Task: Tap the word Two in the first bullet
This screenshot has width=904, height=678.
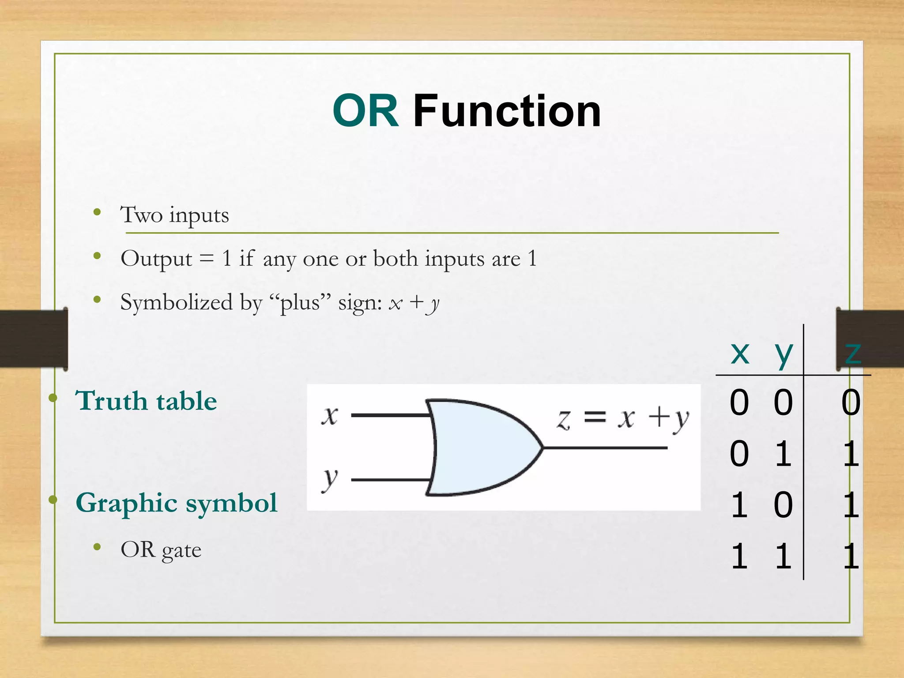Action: point(141,215)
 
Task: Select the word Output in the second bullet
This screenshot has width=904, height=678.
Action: point(156,259)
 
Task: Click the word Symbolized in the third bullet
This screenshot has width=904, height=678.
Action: point(177,303)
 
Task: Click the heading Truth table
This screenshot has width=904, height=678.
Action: point(146,401)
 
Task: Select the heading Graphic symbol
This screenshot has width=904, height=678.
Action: point(177,503)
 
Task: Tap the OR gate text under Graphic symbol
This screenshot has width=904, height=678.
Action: point(161,550)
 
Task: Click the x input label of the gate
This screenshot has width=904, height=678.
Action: point(330,415)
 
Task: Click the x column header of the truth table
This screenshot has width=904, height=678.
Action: point(740,353)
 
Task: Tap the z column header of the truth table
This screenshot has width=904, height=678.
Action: point(852,353)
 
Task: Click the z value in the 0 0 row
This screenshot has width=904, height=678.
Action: point(851,403)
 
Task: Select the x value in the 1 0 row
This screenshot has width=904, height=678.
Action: point(740,505)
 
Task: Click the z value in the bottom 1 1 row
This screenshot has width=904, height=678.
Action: point(851,556)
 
